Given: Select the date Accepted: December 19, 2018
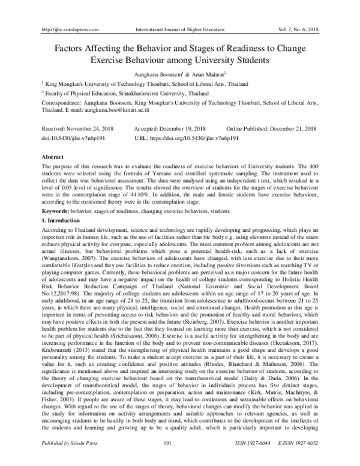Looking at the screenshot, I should (x=175, y=129).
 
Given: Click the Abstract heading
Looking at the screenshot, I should (x=52, y=156).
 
